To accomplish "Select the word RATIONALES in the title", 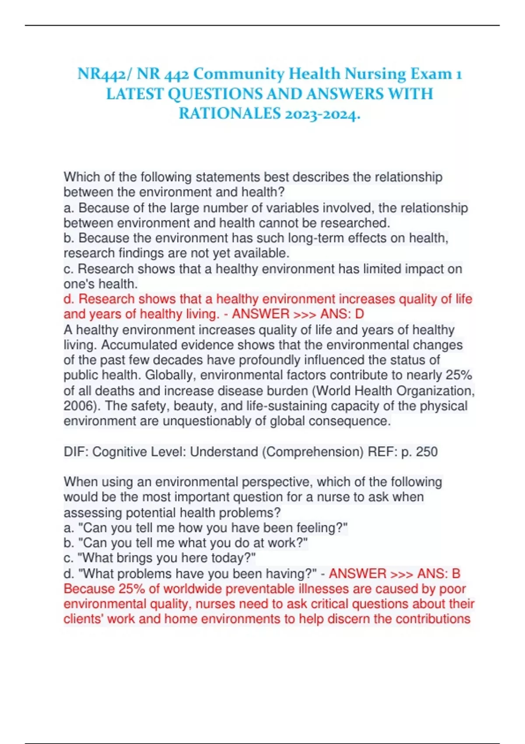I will (x=229, y=113).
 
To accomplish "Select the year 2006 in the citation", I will (x=79, y=406).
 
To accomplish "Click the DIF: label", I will (x=76, y=452).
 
